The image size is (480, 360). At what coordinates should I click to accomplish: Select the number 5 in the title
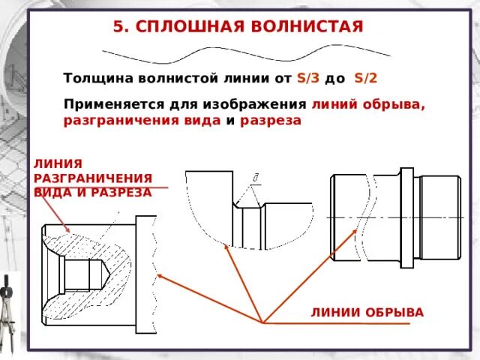(118, 27)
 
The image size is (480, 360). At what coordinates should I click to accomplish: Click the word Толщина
(96, 77)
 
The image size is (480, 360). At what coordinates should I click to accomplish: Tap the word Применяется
(110, 105)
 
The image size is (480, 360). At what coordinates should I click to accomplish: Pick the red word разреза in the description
(271, 120)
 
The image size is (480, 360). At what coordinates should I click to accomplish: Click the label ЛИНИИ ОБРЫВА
(367, 311)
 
